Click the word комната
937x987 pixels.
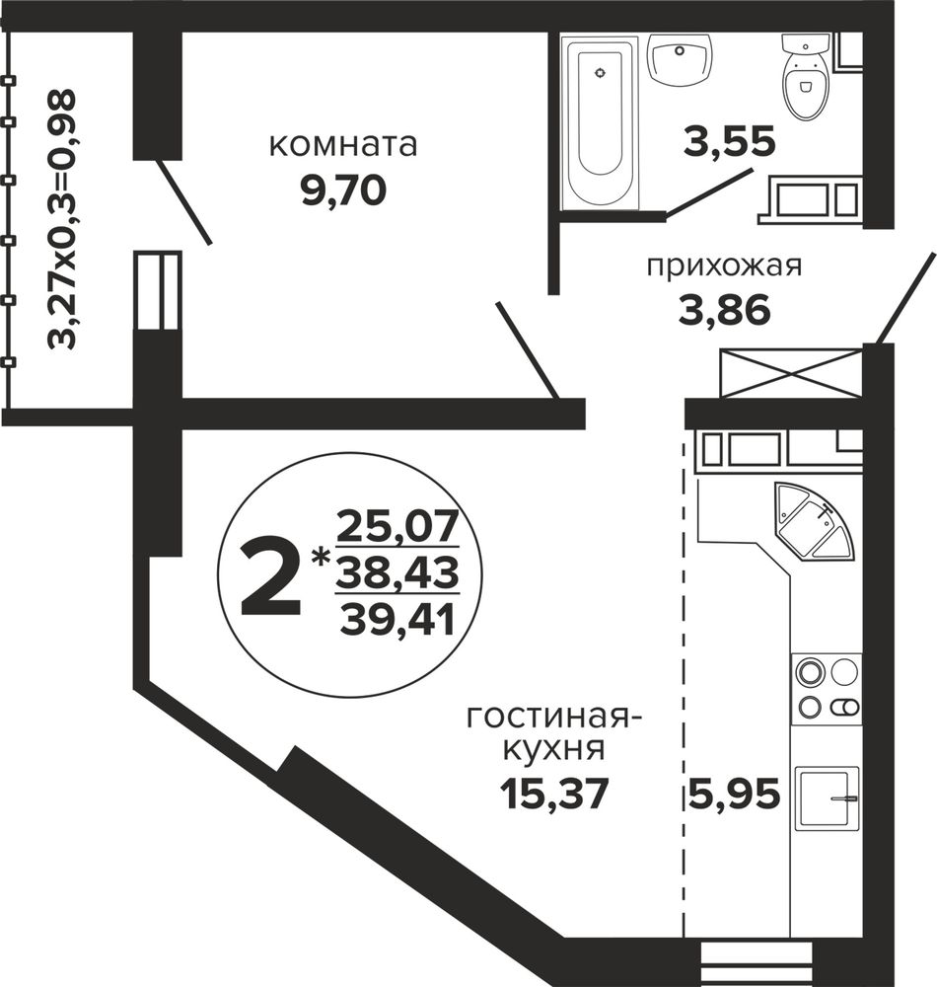coord(342,145)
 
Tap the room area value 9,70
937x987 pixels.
coord(342,190)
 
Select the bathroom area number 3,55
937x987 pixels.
coord(730,141)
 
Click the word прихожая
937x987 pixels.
coord(724,266)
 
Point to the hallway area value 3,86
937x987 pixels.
coord(724,310)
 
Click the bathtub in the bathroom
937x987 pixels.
coord(600,121)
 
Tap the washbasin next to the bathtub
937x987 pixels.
coord(680,60)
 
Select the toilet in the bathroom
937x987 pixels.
coord(805,76)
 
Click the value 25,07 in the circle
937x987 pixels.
coord(397,527)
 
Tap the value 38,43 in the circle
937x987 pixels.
coord(397,572)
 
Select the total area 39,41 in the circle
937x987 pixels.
coord(397,619)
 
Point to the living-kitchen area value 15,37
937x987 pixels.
coord(554,794)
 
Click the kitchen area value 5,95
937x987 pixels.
coord(735,794)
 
